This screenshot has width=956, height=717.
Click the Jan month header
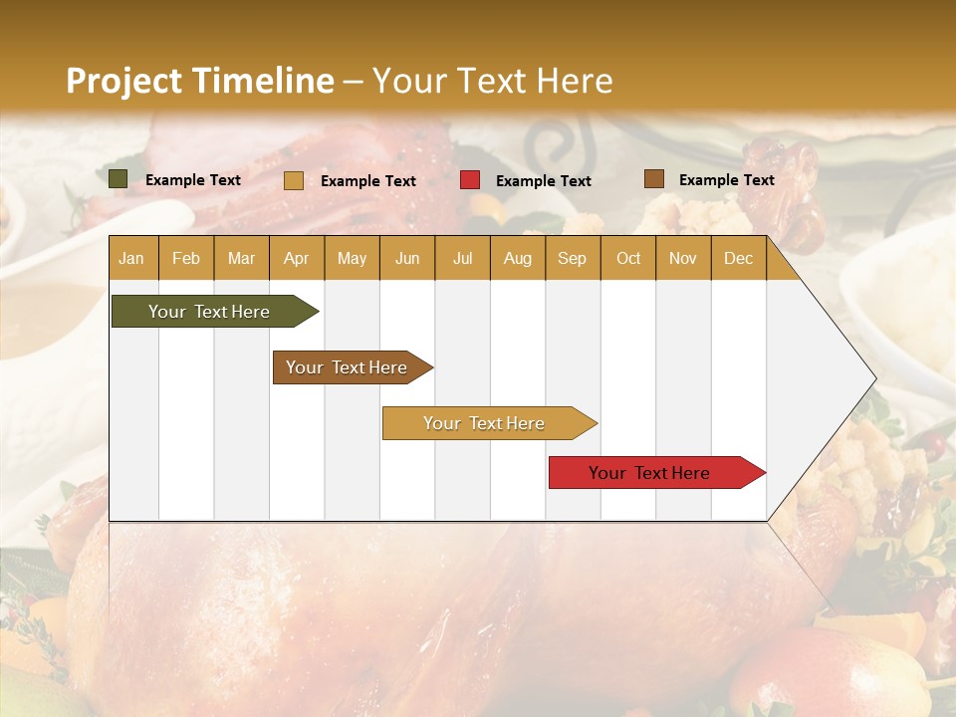coord(131,258)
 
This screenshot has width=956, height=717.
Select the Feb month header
coord(186,258)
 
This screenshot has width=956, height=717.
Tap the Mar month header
coord(241,258)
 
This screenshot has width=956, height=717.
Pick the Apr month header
coord(296,258)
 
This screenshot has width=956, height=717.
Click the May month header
coord(352,258)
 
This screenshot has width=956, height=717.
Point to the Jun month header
coord(407,258)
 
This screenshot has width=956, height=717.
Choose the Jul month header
coord(462,258)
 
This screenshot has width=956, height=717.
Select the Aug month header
coord(517,258)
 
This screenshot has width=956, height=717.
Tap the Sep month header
coord(572,258)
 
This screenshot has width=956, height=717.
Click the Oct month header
coord(628,258)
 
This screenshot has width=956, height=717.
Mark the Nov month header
coord(683,258)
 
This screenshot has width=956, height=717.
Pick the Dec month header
coord(738,258)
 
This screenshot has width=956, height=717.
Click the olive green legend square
coord(119,179)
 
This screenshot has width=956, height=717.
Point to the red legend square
coord(470,180)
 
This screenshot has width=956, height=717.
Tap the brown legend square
coord(653,179)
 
